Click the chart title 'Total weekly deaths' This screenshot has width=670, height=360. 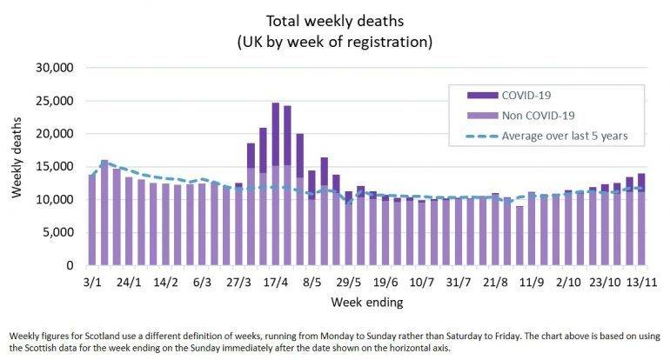pyautogui.click(x=335, y=19)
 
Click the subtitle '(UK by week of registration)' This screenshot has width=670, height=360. pyautogui.click(x=335, y=40)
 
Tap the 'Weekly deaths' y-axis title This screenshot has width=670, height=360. pyautogui.click(x=17, y=165)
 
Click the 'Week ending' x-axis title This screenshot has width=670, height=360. pyautogui.click(x=365, y=303)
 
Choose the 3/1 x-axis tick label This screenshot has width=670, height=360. pyautogui.click(x=93, y=282)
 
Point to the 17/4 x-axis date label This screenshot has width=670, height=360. pyautogui.click(x=276, y=282)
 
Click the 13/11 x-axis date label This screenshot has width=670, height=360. pyautogui.click(x=640, y=282)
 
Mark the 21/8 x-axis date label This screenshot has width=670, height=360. pyautogui.click(x=495, y=282)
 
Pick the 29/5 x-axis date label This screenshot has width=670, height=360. pyautogui.click(x=349, y=282)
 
